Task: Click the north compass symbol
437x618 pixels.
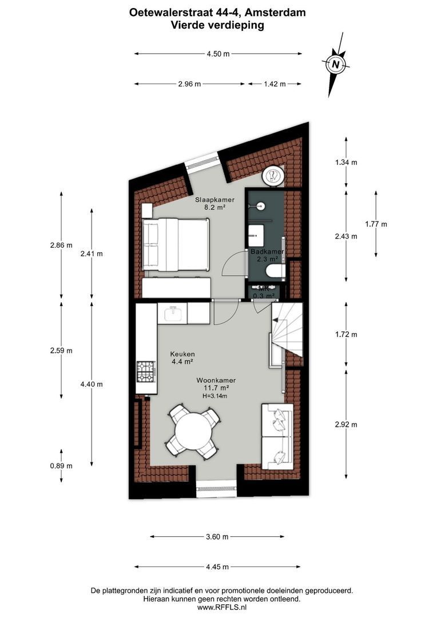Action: coord(337,64)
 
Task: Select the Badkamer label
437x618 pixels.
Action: coord(267,251)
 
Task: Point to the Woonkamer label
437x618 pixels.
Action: coord(216,380)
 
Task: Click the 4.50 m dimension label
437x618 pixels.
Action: coord(218,54)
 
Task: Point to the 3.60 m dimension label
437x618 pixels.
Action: coord(217,537)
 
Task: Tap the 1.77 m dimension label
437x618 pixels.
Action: coord(376,224)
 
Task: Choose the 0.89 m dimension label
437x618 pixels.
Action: coord(61,466)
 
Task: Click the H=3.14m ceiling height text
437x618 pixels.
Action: coord(214,396)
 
